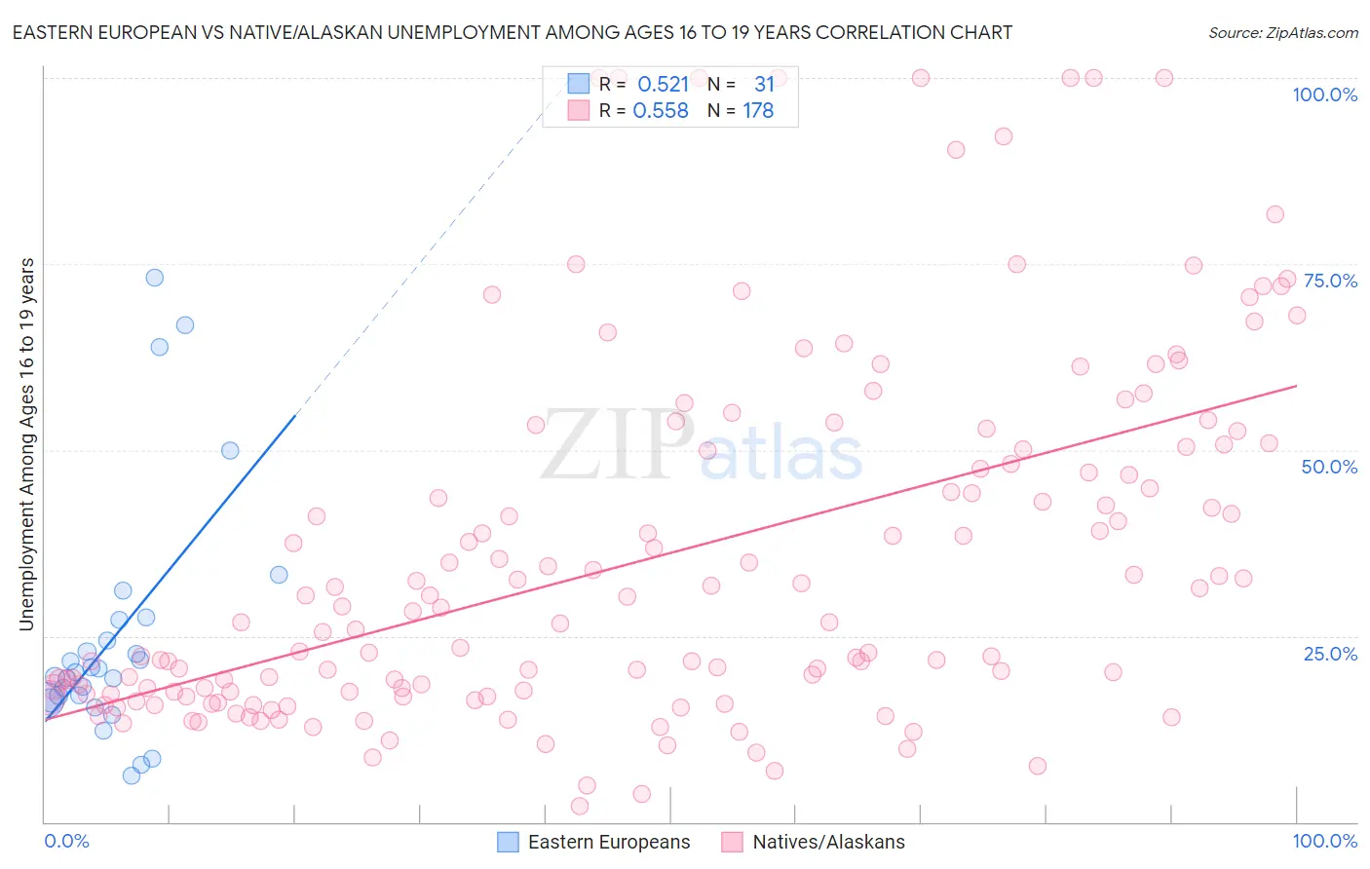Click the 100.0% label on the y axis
(x=1324, y=94)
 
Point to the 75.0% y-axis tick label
(x=1330, y=281)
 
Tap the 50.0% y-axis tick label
(x=1329, y=467)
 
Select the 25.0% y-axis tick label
(x=1330, y=654)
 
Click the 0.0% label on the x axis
(x=66, y=841)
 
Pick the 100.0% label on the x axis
(x=1324, y=841)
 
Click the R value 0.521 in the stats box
(x=663, y=85)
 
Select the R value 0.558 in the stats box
(x=661, y=111)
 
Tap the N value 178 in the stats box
(x=758, y=111)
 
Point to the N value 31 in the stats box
(x=764, y=85)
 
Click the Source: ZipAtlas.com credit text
(x=1282, y=33)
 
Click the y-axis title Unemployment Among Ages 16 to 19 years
(x=27, y=444)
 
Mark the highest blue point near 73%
(x=154, y=278)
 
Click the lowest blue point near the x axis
(x=132, y=775)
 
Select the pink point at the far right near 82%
(x=1275, y=214)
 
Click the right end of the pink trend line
(x=1296, y=386)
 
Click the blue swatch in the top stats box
(x=579, y=85)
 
